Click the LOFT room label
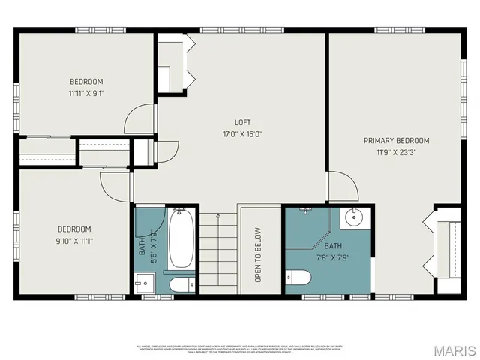pyautogui.click(x=242, y=122)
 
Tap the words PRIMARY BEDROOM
pyautogui.click(x=396, y=140)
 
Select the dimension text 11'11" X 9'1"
pyautogui.click(x=86, y=94)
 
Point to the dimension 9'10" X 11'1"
pyautogui.click(x=74, y=241)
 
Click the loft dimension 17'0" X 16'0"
pyautogui.click(x=242, y=135)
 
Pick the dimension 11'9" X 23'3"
pyautogui.click(x=396, y=153)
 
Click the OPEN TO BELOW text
pyautogui.click(x=258, y=254)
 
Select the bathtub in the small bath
pyautogui.click(x=181, y=240)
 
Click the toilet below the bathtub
pyautogui.click(x=181, y=285)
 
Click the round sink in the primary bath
pyautogui.click(x=354, y=219)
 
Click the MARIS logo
pyautogui.click(x=454, y=349)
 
